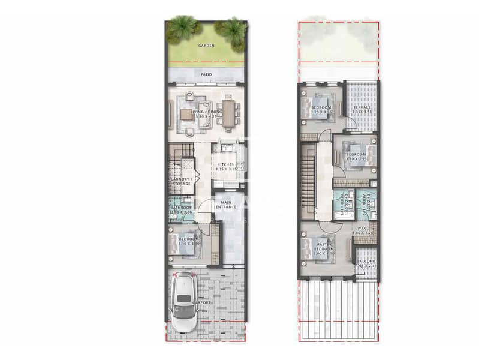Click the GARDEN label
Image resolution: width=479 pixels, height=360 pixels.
pyautogui.click(x=206, y=45)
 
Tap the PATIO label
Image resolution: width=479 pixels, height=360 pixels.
pyautogui.click(x=206, y=75)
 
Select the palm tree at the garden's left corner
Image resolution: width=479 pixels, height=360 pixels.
pyautogui.click(x=182, y=28)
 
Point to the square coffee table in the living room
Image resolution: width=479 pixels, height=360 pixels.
pyautogui.click(x=188, y=115)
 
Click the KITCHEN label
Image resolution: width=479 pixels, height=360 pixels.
pyautogui.click(x=227, y=164)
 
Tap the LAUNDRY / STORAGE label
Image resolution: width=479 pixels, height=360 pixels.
pyautogui.click(x=181, y=182)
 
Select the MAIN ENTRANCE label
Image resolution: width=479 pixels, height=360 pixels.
pyautogui.click(x=228, y=205)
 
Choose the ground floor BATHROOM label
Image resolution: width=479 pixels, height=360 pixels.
pyautogui.click(x=181, y=208)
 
